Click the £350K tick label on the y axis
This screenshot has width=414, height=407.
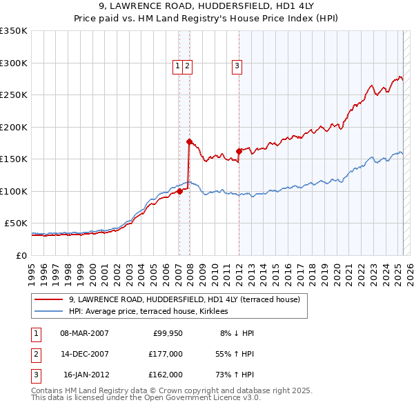tap(14, 31)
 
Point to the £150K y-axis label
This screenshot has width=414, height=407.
tap(14, 159)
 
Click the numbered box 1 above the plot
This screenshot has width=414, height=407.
tap(178, 66)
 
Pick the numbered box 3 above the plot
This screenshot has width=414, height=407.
tap(237, 66)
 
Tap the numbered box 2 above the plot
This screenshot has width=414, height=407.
tap(188, 66)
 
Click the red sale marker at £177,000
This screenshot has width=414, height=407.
tap(189, 142)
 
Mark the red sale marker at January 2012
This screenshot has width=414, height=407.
tap(239, 151)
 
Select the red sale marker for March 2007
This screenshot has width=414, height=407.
tap(179, 191)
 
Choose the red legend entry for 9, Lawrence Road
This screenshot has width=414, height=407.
tap(184, 300)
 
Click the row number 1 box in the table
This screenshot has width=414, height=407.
tap(34, 333)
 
